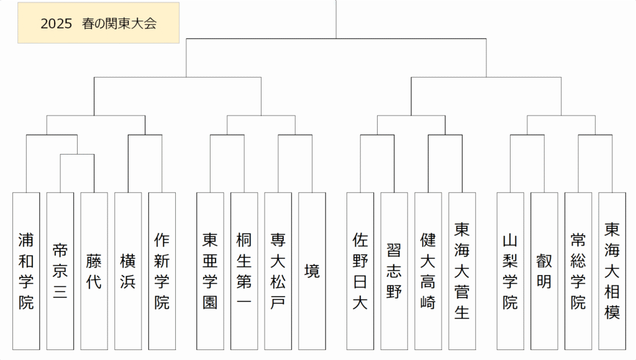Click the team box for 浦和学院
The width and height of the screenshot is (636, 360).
[x=26, y=271]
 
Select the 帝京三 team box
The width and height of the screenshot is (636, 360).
[x=60, y=271]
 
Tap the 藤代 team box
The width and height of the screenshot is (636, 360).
[x=94, y=271]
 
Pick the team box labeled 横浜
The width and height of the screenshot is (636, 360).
[x=128, y=271]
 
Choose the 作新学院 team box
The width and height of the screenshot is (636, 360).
[x=162, y=271]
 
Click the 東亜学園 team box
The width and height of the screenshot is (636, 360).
[x=210, y=271]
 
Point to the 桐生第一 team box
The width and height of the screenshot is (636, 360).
[x=244, y=271]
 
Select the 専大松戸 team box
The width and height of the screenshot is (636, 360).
[x=278, y=271]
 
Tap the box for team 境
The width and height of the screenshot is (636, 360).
[x=312, y=271]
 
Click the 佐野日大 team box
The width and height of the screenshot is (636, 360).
[x=360, y=271]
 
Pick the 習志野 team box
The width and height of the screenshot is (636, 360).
[x=394, y=271]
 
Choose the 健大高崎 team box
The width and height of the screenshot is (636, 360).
[x=429, y=271]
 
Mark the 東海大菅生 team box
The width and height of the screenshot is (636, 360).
[x=462, y=271]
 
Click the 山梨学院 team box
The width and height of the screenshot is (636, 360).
[x=511, y=271]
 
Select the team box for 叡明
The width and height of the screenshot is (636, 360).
[x=544, y=271]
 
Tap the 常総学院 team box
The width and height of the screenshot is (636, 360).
[x=578, y=271]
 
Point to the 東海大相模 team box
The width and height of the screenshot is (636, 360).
[x=612, y=271]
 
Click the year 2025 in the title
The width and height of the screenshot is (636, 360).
[x=57, y=24]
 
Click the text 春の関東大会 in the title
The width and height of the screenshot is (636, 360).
[x=119, y=24]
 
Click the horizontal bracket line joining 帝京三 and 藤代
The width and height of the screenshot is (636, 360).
[x=77, y=154]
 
